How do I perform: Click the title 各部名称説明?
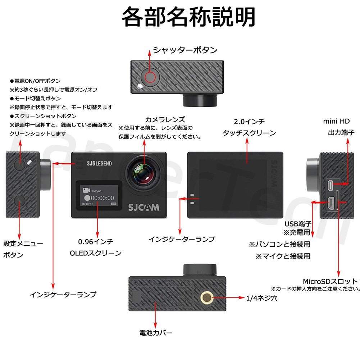[188, 17]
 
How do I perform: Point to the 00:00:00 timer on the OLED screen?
[102, 198]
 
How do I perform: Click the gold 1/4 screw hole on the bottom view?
[207, 297]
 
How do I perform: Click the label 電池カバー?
[156, 332]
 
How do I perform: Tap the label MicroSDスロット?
[330, 281]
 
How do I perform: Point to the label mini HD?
[336, 121]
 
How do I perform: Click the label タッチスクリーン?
[249, 133]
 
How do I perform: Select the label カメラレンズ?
[165, 119]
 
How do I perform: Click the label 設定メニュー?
[23, 243]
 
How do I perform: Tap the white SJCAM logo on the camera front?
[143, 208]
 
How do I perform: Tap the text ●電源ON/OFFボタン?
[35, 81]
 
